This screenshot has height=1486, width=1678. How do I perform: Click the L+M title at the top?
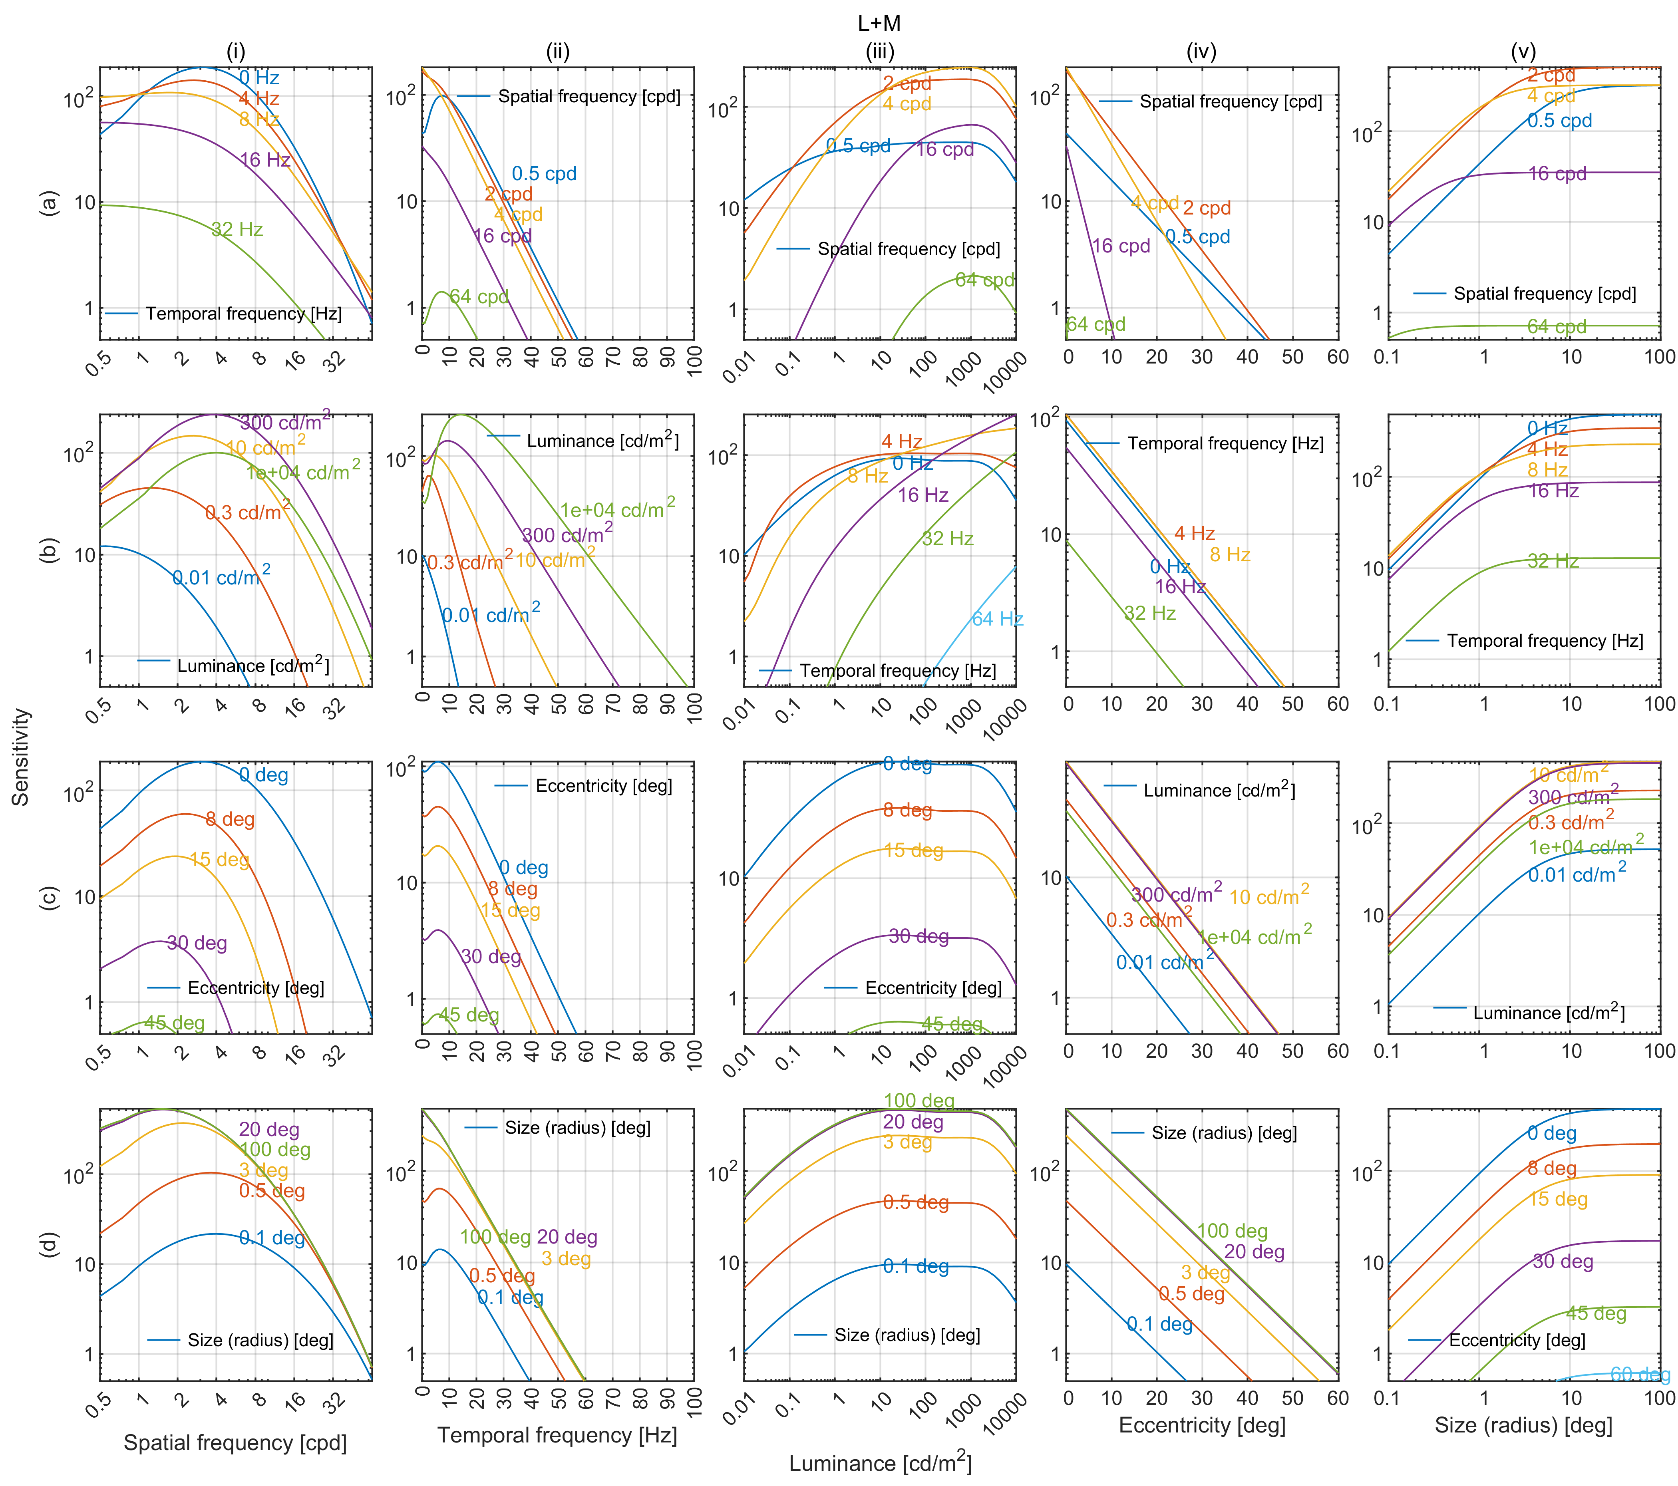pos(879,23)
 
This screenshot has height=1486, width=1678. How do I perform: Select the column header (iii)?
pos(879,52)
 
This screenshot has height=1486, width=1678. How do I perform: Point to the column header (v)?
pos(1523,52)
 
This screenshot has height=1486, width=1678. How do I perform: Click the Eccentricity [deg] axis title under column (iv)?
pos(1202,1425)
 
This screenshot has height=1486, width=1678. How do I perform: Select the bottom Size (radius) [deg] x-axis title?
pos(1523,1425)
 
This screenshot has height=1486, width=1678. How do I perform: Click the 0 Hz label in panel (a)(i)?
pos(259,78)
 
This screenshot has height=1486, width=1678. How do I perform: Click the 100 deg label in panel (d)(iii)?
pos(919,1101)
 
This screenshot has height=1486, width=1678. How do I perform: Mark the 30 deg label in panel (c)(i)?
pos(197,943)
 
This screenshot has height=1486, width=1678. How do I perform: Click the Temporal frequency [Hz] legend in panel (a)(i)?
pos(243,314)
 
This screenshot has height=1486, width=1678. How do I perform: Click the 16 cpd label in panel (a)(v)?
pos(1557,174)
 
